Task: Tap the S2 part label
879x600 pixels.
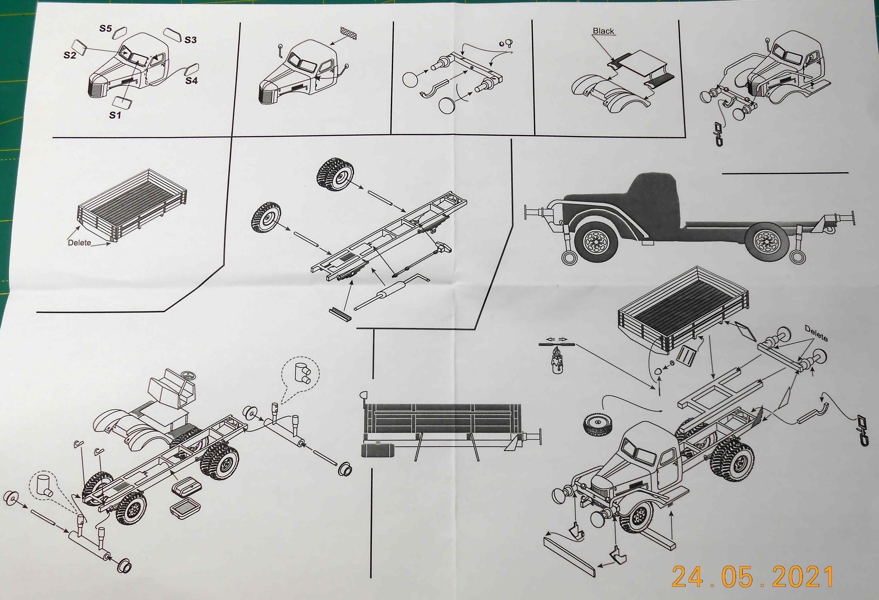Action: tap(70, 55)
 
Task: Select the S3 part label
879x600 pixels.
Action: tap(191, 40)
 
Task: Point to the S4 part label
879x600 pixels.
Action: tap(191, 81)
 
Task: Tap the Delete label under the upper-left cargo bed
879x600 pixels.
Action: tap(79, 243)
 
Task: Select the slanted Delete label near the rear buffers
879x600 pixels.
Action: tap(816, 333)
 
